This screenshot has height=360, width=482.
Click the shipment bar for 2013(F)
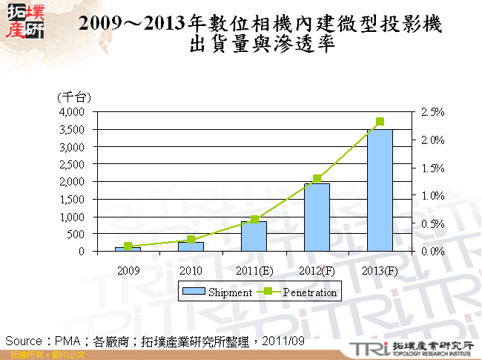click(380, 190)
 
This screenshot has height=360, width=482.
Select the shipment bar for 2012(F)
click(317, 217)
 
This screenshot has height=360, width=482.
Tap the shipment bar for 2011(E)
click(254, 236)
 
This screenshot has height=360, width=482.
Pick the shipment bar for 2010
click(191, 246)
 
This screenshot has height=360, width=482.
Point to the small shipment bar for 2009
click(128, 249)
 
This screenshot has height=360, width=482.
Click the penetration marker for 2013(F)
click(380, 122)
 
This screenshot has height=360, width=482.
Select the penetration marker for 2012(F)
click(317, 179)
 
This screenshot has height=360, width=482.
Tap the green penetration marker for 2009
click(128, 246)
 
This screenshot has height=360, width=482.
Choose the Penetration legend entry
click(303, 292)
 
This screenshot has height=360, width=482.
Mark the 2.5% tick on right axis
click(432, 112)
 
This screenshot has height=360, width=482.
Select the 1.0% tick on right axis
click(432, 196)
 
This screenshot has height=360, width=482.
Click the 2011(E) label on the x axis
click(254, 269)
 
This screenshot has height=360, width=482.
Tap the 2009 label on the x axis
click(128, 269)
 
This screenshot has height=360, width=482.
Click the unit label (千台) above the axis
click(73, 97)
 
